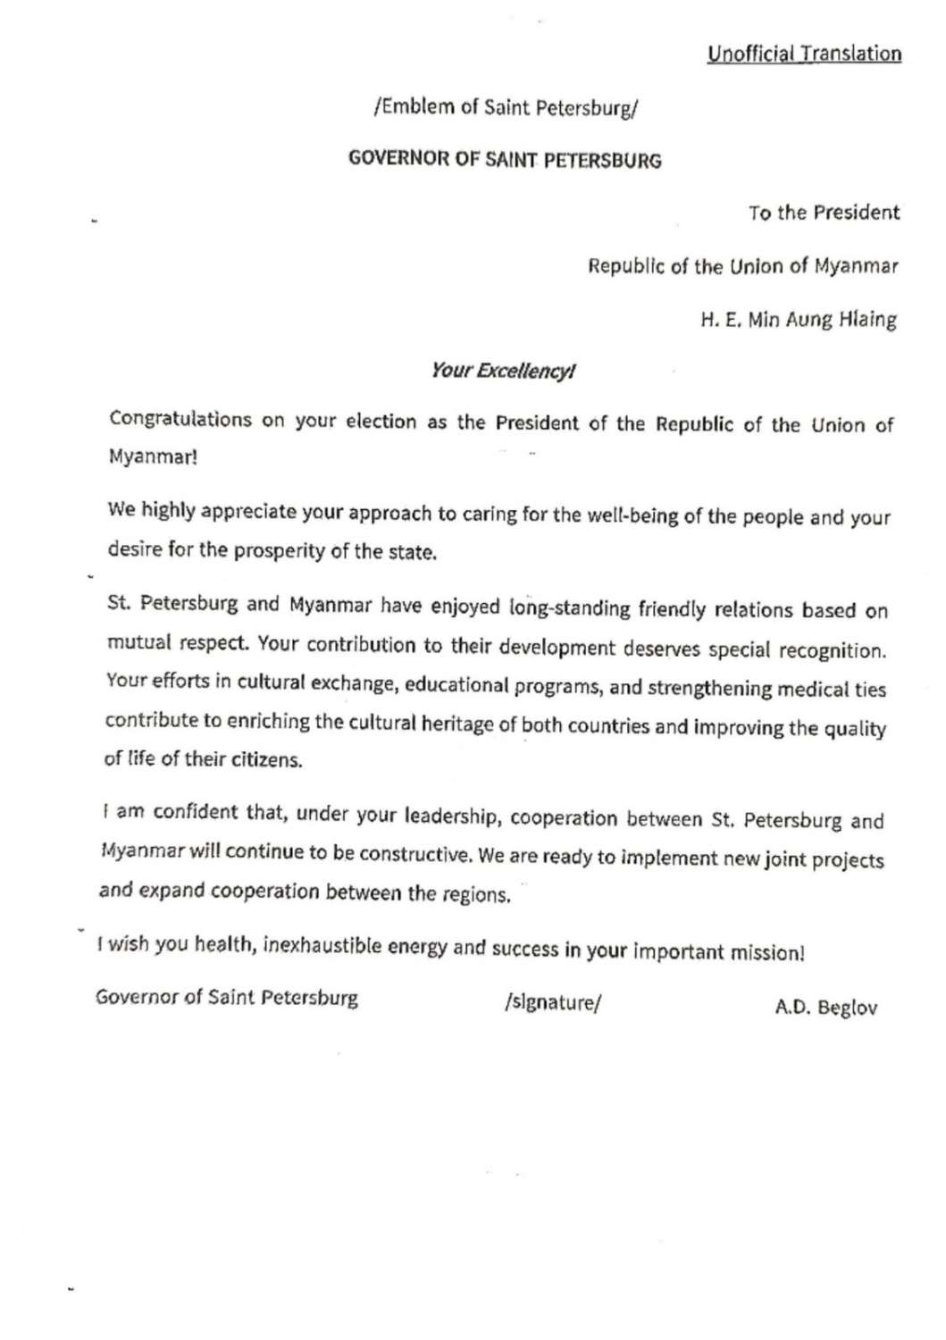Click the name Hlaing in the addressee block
[867, 320]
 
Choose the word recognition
[832, 649]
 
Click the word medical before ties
[812, 689]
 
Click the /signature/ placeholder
[553, 1002]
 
